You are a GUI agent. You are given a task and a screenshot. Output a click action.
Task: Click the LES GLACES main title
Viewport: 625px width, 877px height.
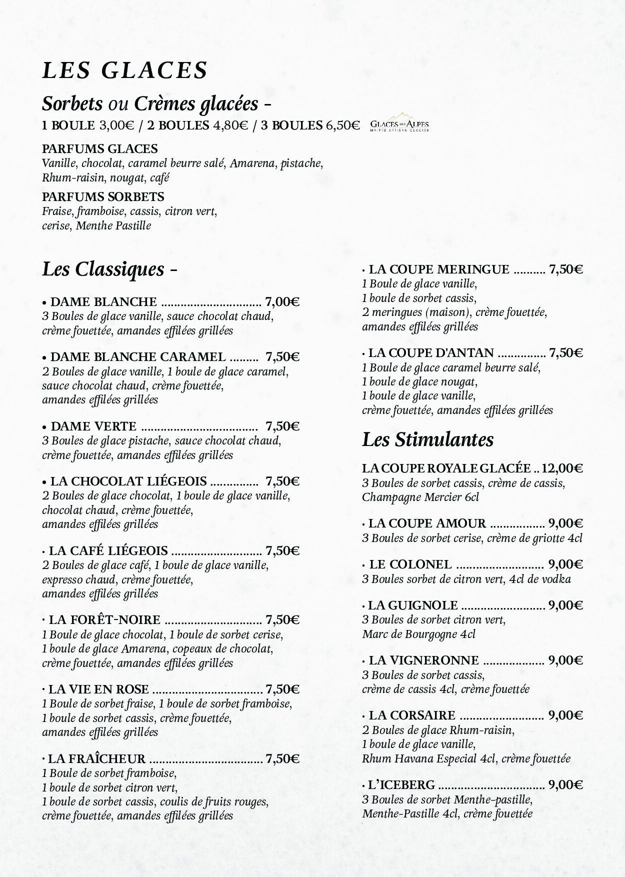tap(124, 70)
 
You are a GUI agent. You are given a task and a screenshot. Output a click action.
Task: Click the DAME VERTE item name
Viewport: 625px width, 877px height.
tap(93, 426)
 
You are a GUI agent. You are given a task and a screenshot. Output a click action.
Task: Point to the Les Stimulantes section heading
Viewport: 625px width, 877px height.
tap(427, 439)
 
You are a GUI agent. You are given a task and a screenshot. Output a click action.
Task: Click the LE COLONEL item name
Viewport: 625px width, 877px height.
tap(410, 564)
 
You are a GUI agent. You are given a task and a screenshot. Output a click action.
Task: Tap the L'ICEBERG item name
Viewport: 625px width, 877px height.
tap(401, 785)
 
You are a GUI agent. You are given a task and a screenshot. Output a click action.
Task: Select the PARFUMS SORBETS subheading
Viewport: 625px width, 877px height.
tap(103, 196)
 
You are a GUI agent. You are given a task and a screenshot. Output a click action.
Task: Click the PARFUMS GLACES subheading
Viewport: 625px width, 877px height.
tap(100, 149)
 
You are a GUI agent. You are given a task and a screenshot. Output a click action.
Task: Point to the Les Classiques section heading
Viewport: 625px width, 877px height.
tap(103, 269)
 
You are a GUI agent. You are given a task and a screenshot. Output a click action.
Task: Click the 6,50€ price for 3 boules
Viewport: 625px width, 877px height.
tap(343, 125)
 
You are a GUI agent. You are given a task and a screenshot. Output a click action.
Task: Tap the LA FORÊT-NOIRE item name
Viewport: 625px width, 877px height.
tap(104, 620)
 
